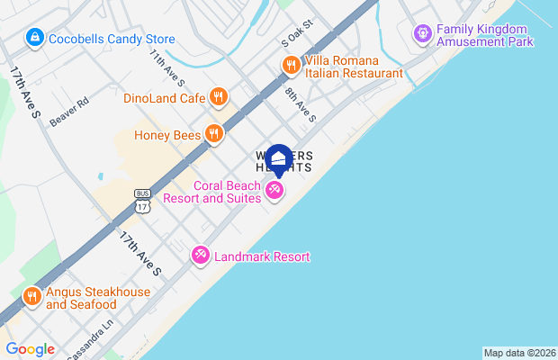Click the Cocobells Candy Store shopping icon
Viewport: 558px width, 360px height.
[x=34, y=39]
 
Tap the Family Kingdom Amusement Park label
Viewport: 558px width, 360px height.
[x=484, y=35]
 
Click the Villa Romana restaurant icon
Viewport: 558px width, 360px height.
[x=291, y=65]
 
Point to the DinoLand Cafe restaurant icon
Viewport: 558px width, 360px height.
[x=218, y=97]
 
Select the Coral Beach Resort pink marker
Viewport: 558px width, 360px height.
[x=274, y=191]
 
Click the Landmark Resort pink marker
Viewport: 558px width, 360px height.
[x=200, y=256]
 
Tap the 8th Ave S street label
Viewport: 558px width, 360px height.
[x=301, y=104]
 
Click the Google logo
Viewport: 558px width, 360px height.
[x=30, y=349]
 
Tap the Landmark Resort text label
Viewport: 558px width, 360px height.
[x=262, y=257]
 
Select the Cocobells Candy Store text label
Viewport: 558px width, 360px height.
[x=112, y=40]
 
